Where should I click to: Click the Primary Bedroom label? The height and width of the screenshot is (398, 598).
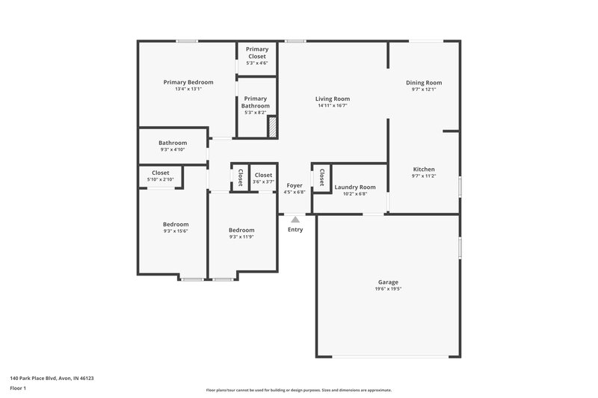click(188, 82)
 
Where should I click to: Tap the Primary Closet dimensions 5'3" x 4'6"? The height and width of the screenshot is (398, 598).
click(257, 63)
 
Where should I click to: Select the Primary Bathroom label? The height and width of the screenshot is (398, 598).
click(255, 102)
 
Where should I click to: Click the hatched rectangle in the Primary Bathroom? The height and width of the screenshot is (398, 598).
click(273, 126)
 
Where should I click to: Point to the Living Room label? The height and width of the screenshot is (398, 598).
click(332, 99)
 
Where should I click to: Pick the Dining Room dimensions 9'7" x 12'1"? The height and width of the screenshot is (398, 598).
click(424, 90)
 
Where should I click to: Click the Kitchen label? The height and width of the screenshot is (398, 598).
click(424, 170)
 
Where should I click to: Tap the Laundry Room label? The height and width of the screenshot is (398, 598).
click(354, 187)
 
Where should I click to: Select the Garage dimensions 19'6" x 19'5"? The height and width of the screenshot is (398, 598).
click(388, 288)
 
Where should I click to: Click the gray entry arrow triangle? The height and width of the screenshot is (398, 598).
click(295, 220)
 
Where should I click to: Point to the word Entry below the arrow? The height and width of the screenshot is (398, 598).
click(295, 229)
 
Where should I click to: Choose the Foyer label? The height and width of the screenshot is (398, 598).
click(295, 185)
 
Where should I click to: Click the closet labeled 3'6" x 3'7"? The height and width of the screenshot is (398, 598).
click(263, 178)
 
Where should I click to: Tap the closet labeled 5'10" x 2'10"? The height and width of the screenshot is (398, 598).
click(160, 176)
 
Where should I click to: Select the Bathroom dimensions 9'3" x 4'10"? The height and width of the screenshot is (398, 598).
click(173, 149)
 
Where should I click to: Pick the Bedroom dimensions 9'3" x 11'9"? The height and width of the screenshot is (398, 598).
click(241, 237)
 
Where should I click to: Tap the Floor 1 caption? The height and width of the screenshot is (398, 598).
click(19, 389)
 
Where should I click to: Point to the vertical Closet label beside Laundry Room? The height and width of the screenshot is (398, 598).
click(321, 178)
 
